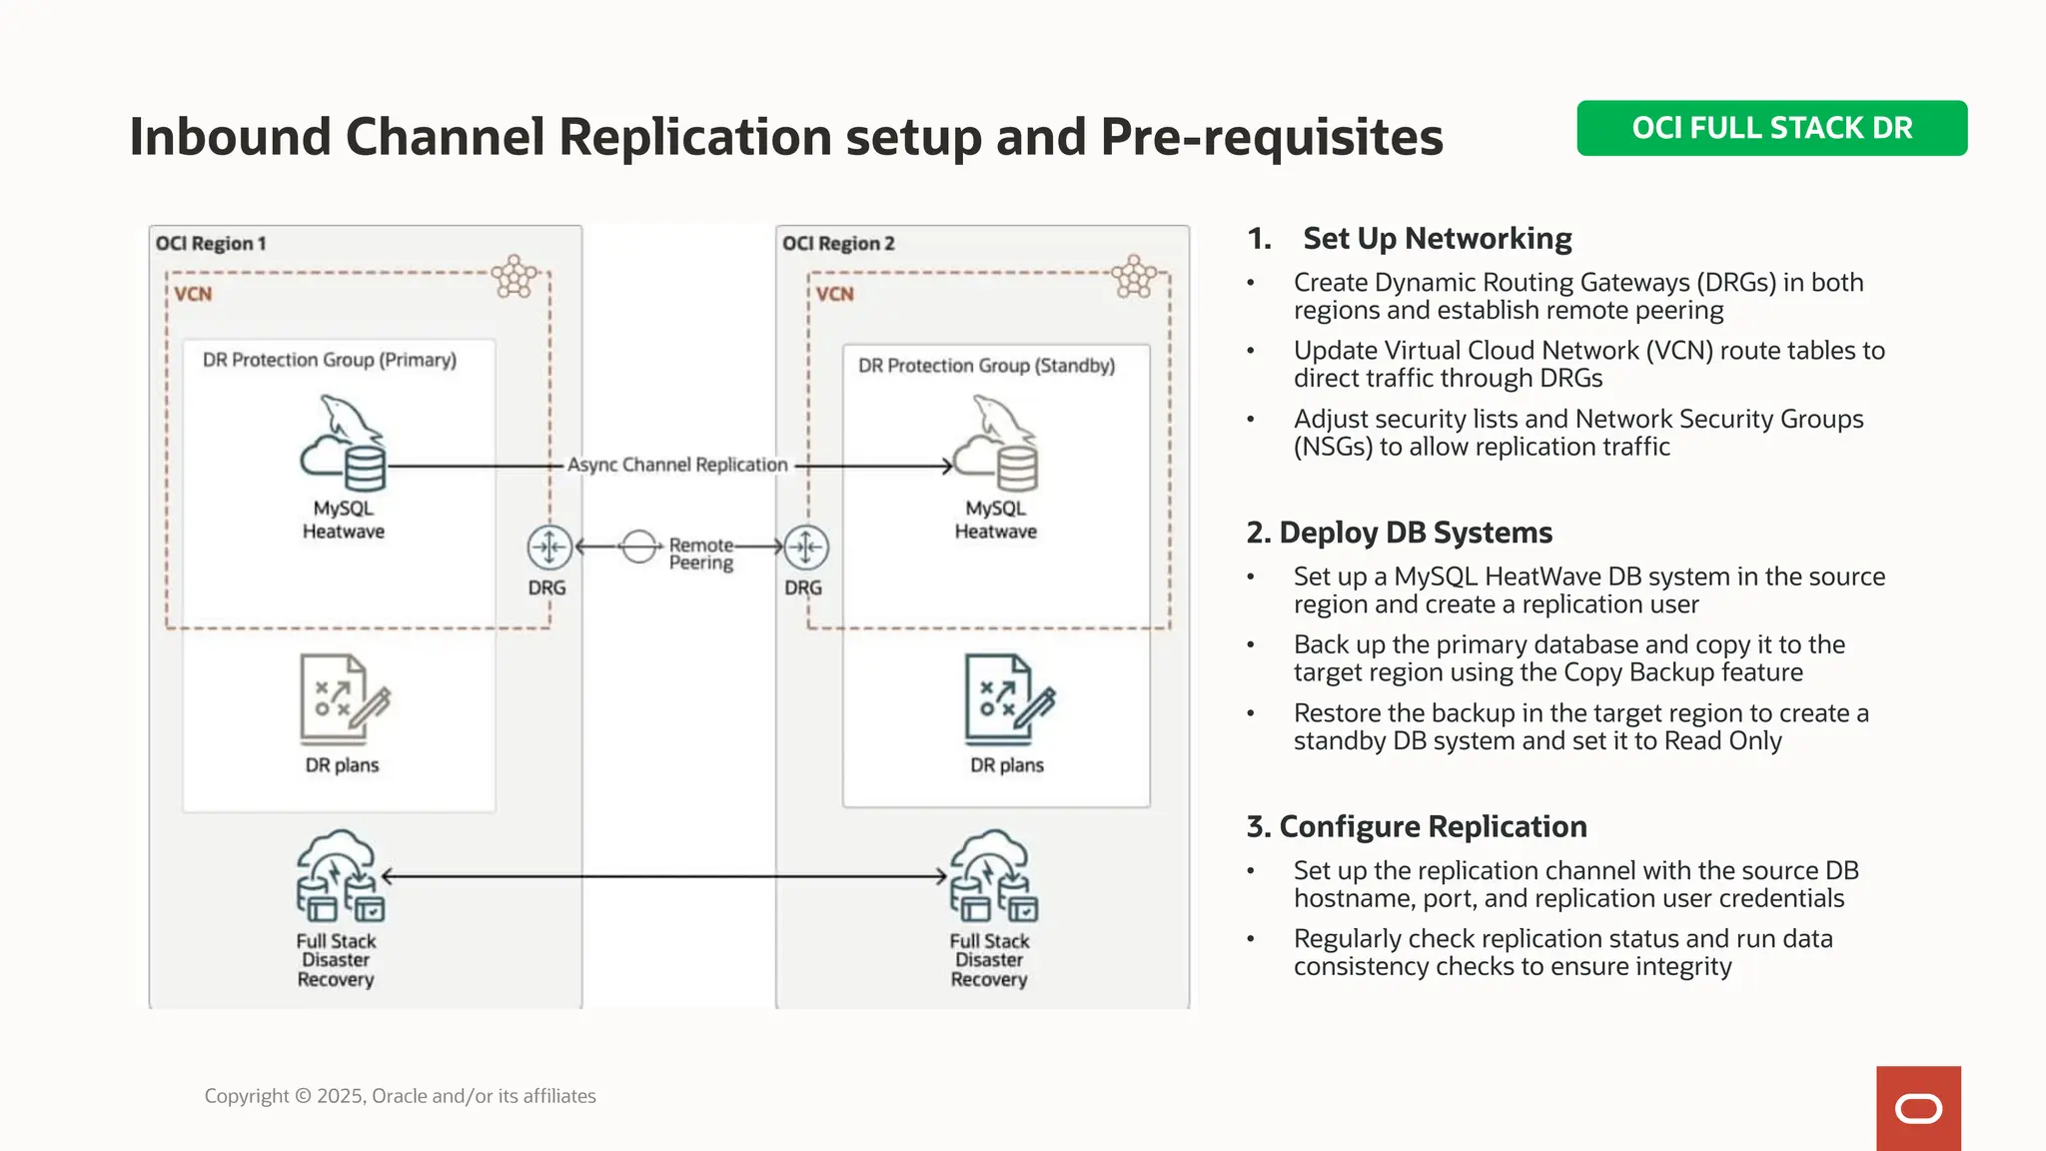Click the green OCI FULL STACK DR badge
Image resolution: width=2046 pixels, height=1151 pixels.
click(1771, 128)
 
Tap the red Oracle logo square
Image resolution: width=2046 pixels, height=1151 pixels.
click(1918, 1108)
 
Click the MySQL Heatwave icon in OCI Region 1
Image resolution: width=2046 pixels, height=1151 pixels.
click(344, 445)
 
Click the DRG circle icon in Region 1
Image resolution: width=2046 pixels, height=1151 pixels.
click(549, 548)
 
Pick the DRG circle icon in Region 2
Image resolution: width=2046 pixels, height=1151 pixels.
click(805, 548)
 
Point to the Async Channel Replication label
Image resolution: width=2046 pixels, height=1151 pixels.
click(677, 465)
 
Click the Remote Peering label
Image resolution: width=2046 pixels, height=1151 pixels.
click(700, 554)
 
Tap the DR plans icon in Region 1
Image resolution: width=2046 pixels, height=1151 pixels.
click(343, 699)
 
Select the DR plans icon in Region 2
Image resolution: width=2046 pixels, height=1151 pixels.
click(1008, 699)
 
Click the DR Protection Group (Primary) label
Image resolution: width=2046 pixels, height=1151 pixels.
click(330, 360)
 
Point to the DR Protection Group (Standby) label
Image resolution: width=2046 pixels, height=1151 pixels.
click(986, 366)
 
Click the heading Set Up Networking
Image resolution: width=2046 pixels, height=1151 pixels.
click(1437, 239)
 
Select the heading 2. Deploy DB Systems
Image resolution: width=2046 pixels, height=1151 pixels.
click(1399, 533)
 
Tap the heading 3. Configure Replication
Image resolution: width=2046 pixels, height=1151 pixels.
click(1416, 826)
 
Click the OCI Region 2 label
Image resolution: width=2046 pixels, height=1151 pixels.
click(838, 244)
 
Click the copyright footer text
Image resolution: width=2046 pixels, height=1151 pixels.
click(400, 1096)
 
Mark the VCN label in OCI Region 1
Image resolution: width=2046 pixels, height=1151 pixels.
click(193, 294)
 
